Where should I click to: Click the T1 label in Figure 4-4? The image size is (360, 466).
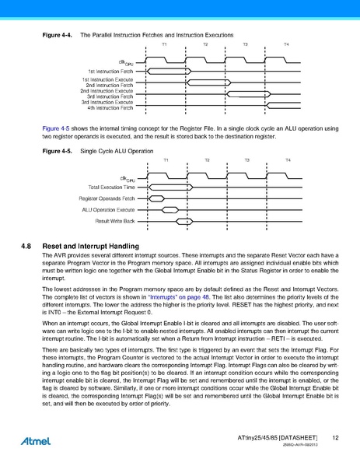tap(165, 44)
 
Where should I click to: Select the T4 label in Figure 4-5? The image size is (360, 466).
tap(288, 160)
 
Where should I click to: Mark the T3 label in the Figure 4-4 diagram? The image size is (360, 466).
tap(246, 44)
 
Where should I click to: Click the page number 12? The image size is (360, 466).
tap(334, 440)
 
